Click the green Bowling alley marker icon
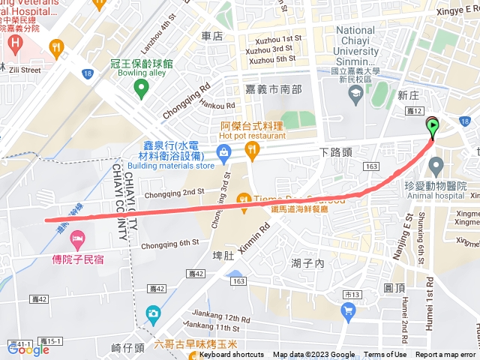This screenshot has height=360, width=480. [140, 89]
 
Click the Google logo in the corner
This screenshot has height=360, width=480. [28, 348]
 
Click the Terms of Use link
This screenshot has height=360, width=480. [385, 355]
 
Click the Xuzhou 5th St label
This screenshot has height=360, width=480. [271, 59]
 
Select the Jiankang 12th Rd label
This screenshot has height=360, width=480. [210, 318]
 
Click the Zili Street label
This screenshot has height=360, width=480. [24, 70]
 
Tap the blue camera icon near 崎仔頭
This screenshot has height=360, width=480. [153, 312]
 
